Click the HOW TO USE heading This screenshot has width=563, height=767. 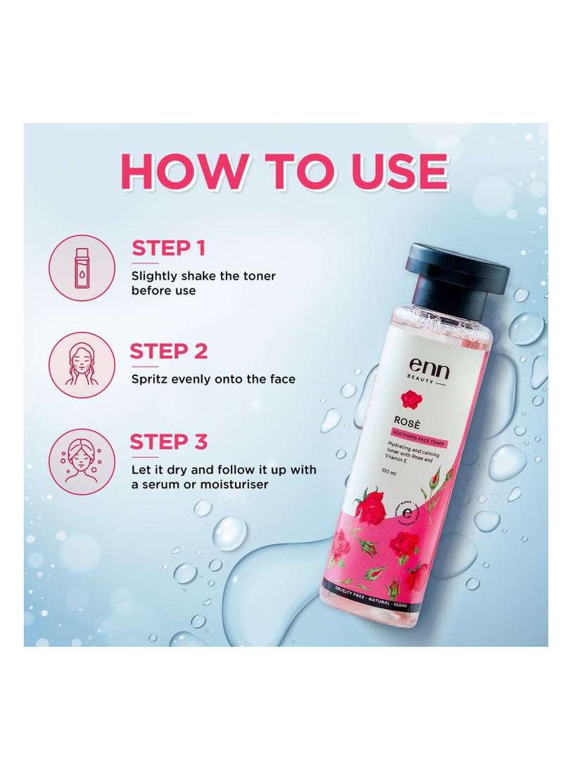point(284,171)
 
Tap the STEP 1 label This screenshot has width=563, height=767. point(168,248)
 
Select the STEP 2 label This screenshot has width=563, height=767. point(168,351)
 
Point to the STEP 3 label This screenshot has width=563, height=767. point(168,442)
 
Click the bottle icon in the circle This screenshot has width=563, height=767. point(82,268)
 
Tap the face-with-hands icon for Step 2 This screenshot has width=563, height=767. point(82,364)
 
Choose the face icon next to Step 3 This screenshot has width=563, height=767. point(82,460)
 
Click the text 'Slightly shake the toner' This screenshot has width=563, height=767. point(203,276)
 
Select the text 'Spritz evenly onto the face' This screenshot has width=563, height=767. point(213,379)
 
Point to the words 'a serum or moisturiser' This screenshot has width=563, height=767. point(200,484)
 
